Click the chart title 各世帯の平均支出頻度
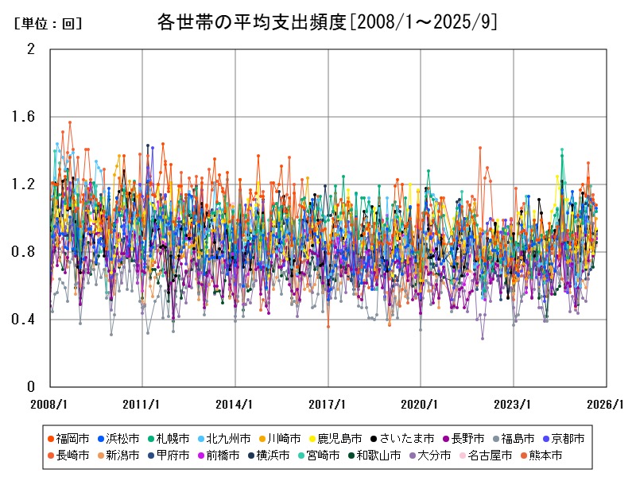click(328, 22)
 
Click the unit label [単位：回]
click(48, 25)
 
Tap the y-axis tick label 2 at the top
click(31, 49)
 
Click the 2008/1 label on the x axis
click(49, 404)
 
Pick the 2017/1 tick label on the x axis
click(328, 404)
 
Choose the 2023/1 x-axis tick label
click(514, 404)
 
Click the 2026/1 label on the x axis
click(606, 404)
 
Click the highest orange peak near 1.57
click(70, 122)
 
